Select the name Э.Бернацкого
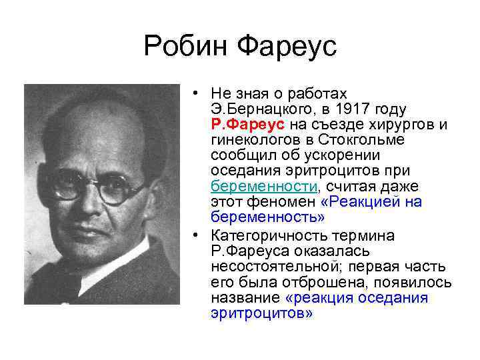(262, 109)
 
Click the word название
(245, 297)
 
